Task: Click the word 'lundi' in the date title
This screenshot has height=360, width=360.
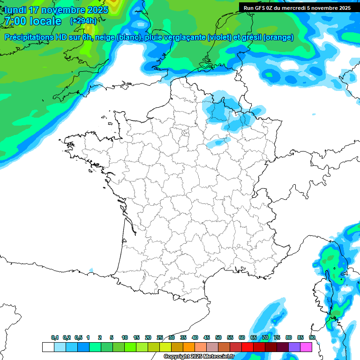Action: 15,10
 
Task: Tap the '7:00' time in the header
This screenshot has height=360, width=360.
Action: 15,21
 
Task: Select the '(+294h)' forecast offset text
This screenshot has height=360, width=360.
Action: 83,21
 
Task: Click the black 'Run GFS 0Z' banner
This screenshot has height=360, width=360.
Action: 297,7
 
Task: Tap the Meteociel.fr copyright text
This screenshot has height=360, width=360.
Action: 199,357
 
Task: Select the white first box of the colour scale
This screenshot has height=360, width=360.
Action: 48,347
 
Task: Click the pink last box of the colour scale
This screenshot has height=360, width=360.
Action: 306,347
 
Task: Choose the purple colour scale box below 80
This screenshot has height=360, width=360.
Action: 294,347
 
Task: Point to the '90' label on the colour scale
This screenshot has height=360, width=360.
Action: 312,337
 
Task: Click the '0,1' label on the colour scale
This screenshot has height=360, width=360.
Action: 55,337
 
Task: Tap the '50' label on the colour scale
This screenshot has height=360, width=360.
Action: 218,337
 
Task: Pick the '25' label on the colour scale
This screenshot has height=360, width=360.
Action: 160,337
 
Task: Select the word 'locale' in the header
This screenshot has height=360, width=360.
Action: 45,21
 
